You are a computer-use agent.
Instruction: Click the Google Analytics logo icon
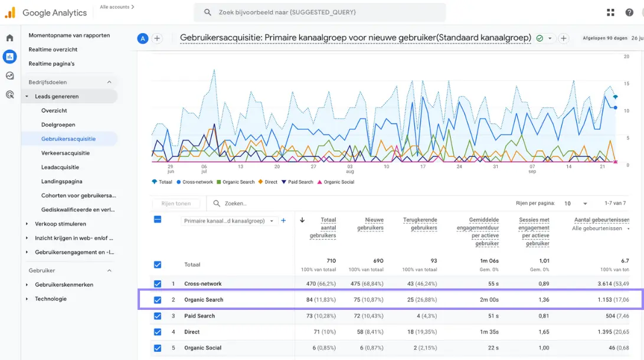pos(10,12)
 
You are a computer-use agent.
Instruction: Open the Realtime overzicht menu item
pos(53,50)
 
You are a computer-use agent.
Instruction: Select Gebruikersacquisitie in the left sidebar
pos(68,139)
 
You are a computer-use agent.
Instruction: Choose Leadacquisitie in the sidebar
pos(60,167)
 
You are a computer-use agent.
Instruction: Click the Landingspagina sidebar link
pos(62,181)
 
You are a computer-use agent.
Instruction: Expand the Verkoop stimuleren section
pos(27,224)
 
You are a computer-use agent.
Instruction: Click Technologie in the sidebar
pos(51,299)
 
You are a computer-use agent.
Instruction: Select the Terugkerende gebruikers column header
pos(420,224)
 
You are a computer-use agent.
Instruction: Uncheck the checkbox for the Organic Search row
pos(158,300)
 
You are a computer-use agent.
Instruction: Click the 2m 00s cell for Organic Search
pos(489,300)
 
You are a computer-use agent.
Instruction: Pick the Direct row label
pos(192,332)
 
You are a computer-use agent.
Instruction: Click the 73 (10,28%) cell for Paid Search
pos(316,316)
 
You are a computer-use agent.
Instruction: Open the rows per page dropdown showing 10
pos(576,203)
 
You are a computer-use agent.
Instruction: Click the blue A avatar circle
pos(142,38)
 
